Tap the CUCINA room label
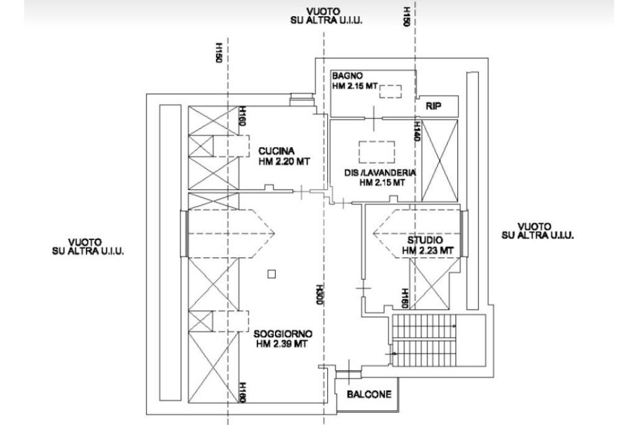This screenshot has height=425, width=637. click(276, 151)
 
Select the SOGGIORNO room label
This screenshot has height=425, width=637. click(283, 334)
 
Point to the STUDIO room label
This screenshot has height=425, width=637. click(425, 240)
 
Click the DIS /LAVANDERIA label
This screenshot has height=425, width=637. click(380, 173)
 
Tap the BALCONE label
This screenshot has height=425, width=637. click(370, 394)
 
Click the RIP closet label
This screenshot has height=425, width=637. click(434, 106)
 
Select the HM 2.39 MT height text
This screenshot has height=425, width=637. click(282, 344)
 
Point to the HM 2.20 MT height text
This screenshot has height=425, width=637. click(284, 161)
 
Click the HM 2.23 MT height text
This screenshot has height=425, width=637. click(427, 251)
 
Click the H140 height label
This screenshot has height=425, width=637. click(416, 131)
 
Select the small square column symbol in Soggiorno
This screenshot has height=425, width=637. click(272, 274)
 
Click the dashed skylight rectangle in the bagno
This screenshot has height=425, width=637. click(391, 92)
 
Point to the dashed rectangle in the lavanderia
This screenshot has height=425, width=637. click(376, 152)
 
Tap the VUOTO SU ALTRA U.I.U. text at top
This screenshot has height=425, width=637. click(326, 16)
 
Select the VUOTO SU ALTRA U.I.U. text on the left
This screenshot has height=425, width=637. click(88, 247)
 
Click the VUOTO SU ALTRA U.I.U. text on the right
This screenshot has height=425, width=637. click(538, 231)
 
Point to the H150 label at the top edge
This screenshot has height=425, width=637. click(406, 16)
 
